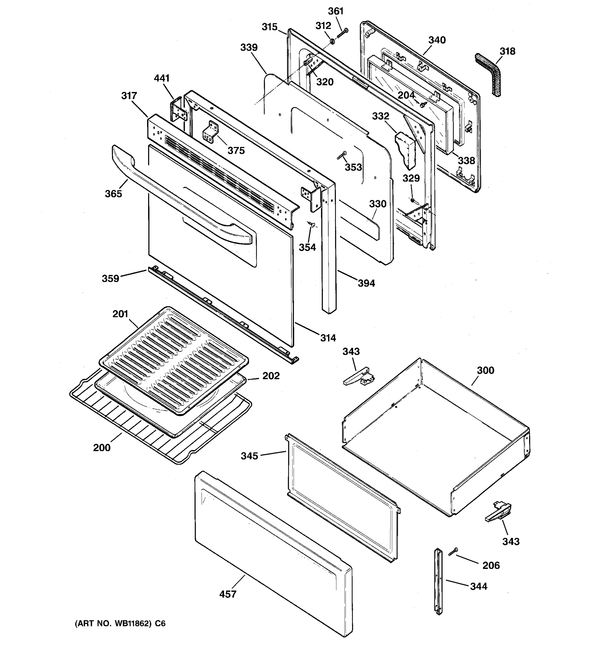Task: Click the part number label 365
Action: tap(113, 194)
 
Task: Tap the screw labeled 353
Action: tap(341, 155)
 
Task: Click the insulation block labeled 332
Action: tap(406, 149)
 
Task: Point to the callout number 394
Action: tap(366, 283)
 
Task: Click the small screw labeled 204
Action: tap(424, 105)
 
